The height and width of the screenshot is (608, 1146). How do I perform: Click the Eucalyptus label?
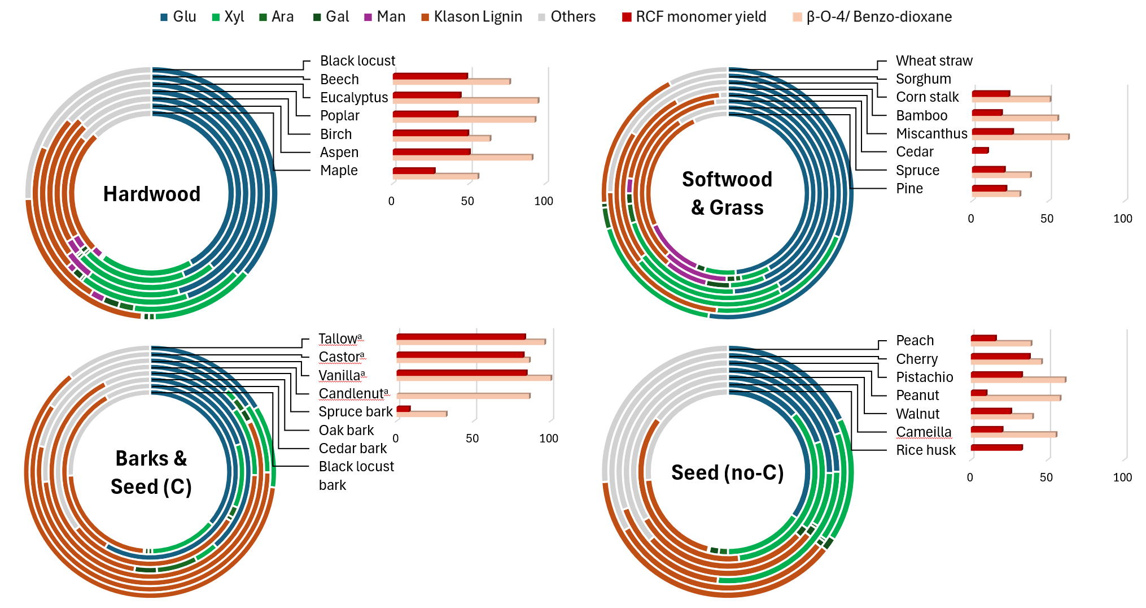pos(354,97)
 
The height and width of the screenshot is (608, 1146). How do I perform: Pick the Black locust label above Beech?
pos(357,60)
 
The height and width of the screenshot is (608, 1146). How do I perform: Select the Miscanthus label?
pos(931,133)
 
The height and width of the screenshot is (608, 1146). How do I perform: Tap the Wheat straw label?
pos(934,60)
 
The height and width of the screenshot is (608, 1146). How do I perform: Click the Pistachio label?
pos(924,377)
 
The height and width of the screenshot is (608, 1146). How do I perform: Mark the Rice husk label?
pos(925,450)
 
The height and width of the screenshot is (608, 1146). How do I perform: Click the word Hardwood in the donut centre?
pos(152,194)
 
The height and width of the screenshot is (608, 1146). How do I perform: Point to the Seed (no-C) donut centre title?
pos(727,472)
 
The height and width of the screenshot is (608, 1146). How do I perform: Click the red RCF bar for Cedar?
pos(980,150)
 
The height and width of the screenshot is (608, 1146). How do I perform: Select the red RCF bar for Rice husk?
pos(996,448)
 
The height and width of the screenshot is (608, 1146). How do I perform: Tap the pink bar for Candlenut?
pos(463,396)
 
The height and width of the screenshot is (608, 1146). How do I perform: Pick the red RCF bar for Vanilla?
pos(462,373)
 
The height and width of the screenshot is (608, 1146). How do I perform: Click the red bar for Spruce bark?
pos(403,409)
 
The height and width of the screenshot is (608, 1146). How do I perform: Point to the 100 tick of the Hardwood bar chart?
pos(544,201)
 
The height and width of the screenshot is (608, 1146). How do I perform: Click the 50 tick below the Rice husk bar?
pos(1046,477)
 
